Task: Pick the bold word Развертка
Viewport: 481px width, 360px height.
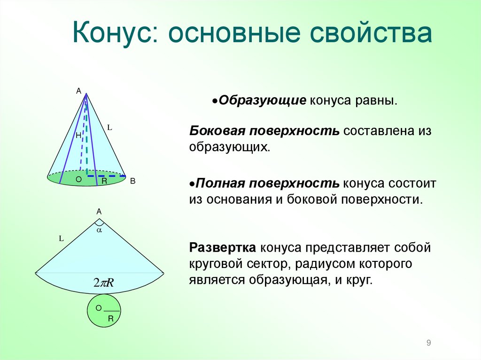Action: [x=223, y=247]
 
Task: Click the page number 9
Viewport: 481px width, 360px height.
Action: [x=428, y=343]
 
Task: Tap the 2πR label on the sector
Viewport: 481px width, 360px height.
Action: [x=104, y=283]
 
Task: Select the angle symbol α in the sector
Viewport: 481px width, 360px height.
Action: [x=99, y=230]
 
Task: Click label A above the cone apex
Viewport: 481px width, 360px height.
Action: [x=79, y=91]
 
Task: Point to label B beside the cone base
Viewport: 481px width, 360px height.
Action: [x=132, y=181]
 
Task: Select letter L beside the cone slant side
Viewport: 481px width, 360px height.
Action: [x=109, y=127]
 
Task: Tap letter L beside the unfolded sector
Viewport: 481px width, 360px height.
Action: [x=61, y=238]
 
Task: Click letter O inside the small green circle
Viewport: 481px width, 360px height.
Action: [x=99, y=308]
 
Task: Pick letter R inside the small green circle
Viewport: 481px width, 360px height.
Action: [x=111, y=318]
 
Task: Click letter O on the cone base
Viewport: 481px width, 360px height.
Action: [x=78, y=180]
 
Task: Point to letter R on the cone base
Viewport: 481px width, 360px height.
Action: [x=104, y=181]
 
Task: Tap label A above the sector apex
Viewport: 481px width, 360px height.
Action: [x=99, y=212]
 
